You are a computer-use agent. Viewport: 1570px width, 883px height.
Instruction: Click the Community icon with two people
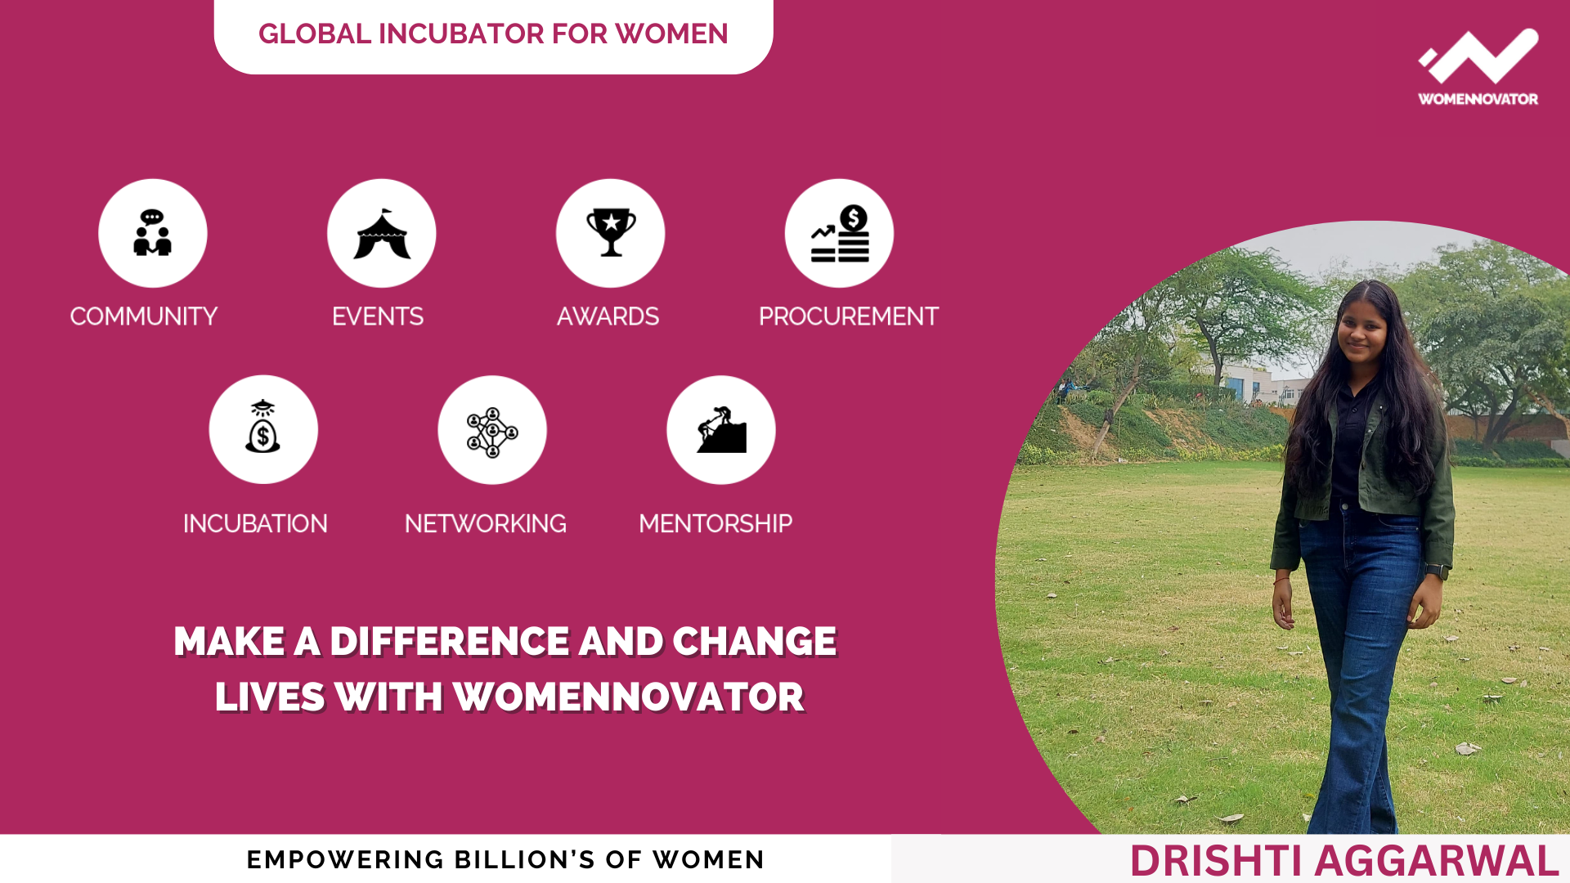152,233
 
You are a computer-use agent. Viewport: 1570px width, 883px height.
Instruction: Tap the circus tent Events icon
382,234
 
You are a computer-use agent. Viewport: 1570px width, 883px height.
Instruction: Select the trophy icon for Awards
611,232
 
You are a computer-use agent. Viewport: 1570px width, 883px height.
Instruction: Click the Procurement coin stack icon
840,234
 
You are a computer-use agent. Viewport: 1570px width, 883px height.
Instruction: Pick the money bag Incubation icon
262,427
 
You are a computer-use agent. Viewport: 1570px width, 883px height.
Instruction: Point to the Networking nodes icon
492,433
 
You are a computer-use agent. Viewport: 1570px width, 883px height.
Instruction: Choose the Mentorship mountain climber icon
721,429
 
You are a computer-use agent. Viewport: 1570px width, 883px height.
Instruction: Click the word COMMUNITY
144,316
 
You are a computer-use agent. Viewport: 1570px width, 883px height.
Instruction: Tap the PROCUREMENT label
849,316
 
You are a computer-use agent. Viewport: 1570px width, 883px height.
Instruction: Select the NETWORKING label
486,523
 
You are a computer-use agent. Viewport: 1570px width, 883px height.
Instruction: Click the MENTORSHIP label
715,523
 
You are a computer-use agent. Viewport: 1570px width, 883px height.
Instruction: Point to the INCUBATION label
255,523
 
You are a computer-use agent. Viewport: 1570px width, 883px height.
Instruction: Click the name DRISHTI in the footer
1217,861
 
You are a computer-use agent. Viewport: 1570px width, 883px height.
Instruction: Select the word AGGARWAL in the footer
1437,861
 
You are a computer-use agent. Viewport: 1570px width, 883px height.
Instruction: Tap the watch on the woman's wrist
1437,571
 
